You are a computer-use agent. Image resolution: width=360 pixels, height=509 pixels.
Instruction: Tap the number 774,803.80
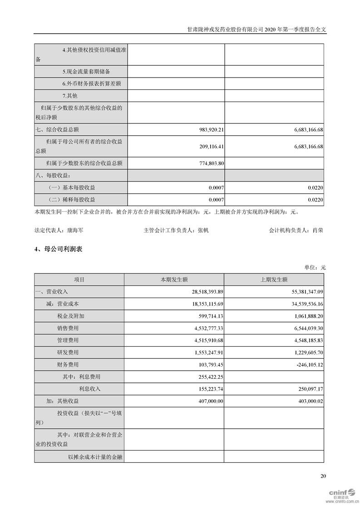pyautogui.click(x=208, y=163)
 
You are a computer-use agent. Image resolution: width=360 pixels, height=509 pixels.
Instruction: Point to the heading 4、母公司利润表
pyautogui.click(x=58, y=249)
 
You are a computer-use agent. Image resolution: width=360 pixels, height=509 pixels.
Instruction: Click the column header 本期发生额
pyautogui.click(x=174, y=280)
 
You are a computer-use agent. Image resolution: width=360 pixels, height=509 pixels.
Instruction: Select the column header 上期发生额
pyautogui.click(x=274, y=280)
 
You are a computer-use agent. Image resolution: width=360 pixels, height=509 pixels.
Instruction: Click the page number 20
pyautogui.click(x=323, y=476)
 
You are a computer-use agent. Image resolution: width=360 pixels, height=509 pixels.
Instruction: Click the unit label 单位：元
pyautogui.click(x=315, y=268)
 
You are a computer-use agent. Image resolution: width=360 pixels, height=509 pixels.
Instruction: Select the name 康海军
pyautogui.click(x=75, y=230)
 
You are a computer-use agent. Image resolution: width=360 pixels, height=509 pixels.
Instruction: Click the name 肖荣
pyautogui.click(x=318, y=230)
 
